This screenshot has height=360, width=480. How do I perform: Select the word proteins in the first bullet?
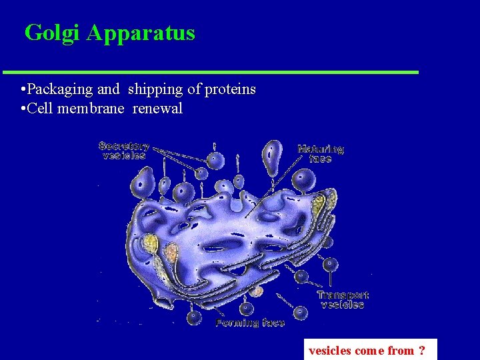[x=231, y=89]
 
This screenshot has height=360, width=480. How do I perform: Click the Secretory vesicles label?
[x=123, y=151]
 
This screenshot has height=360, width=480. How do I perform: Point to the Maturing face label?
[x=320, y=154]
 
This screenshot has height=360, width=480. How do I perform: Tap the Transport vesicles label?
[x=342, y=299]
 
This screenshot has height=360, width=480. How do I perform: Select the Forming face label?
[x=250, y=323]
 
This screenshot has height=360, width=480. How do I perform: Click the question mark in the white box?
[x=422, y=351]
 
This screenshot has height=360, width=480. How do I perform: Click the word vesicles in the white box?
[x=330, y=351]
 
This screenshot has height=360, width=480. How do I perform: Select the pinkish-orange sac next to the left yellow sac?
[x=171, y=253]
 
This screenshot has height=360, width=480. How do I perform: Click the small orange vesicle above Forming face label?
[x=257, y=291]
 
